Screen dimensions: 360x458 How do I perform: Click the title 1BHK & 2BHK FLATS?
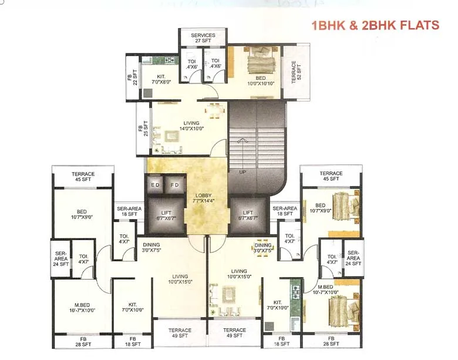pyautogui.click(x=375, y=25)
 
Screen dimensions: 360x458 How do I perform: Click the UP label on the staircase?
pyautogui.click(x=242, y=172)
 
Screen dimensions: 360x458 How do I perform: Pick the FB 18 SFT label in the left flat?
pyautogui.click(x=133, y=342)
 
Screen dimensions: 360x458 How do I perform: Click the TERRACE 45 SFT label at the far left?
pyautogui.click(x=83, y=177)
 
